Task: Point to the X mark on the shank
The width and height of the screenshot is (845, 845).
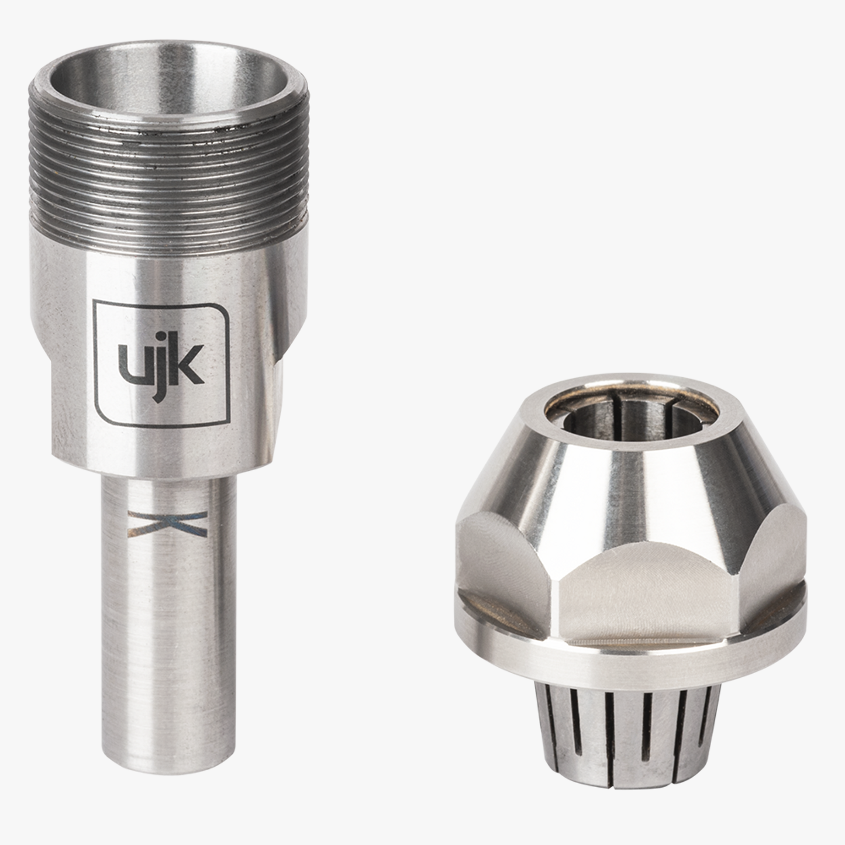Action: [168, 523]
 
